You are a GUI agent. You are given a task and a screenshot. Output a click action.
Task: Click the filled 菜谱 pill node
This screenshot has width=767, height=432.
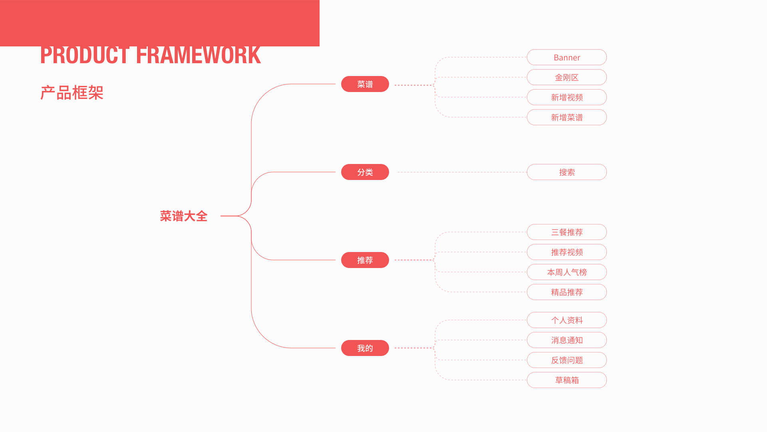(x=365, y=84)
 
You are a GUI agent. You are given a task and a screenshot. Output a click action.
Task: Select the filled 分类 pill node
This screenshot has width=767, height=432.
(x=365, y=172)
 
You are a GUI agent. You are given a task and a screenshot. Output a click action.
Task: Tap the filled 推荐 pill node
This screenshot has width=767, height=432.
(x=365, y=260)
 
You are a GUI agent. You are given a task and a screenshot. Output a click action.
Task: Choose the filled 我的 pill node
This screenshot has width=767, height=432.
(x=365, y=348)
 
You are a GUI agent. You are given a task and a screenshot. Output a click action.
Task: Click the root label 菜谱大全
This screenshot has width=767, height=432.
(x=184, y=216)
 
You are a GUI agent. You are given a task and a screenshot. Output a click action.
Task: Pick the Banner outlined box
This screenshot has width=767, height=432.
(x=566, y=57)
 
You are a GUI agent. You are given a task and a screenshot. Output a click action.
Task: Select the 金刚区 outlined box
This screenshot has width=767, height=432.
(x=566, y=77)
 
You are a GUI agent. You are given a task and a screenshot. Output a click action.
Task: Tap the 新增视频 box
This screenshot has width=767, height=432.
(x=566, y=97)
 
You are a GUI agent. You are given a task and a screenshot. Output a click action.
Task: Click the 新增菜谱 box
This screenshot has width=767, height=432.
(x=566, y=117)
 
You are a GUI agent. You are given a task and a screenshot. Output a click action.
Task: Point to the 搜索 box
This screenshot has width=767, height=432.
(x=566, y=172)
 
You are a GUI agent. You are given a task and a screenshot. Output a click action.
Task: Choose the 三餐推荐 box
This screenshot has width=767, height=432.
(x=566, y=232)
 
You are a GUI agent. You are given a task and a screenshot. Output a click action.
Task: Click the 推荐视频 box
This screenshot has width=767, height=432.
(x=566, y=252)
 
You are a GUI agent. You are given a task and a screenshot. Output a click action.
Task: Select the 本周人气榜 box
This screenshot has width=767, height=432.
(x=566, y=272)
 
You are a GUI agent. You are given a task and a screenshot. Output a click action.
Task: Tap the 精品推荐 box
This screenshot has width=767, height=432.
(x=566, y=292)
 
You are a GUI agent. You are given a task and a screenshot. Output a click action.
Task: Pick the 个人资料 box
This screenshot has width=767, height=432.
(x=566, y=320)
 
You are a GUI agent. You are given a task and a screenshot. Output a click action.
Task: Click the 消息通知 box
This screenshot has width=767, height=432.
(x=566, y=340)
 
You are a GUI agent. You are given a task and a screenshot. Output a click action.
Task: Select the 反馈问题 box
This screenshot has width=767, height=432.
(x=566, y=360)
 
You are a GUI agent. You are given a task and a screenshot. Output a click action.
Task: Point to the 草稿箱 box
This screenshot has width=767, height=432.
(x=566, y=380)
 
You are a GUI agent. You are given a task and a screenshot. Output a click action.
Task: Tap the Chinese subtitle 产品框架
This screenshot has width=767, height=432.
(x=72, y=93)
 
